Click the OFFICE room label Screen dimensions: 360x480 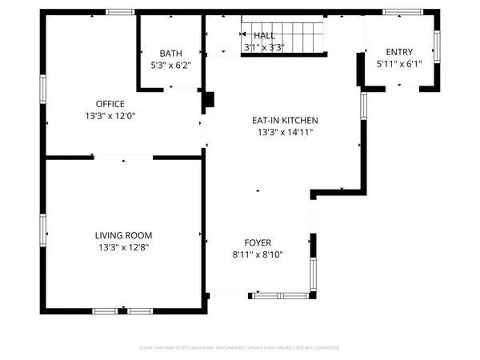pos(110,104)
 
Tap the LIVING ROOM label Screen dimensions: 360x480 pos(123,235)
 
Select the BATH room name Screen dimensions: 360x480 pos(170,53)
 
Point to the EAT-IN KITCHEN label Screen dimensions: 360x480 pos(282,120)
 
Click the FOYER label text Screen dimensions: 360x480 pos(258,242)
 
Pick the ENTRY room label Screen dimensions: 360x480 pos(399,52)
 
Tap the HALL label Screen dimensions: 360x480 pos(264,36)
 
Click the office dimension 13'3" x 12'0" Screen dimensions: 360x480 pos(110,116)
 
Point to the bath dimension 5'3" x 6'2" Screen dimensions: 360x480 pos(170,65)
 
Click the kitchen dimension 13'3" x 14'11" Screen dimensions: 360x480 pos(282,132)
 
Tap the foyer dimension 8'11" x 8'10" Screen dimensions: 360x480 pos(258,254)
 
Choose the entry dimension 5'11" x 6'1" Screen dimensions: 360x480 pos(399,64)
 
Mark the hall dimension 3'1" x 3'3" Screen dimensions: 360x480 pos(264,48)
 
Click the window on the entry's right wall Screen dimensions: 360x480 pos(437,47)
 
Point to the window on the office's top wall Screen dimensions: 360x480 pos(120,12)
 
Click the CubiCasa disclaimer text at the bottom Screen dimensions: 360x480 pos(240,348)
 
